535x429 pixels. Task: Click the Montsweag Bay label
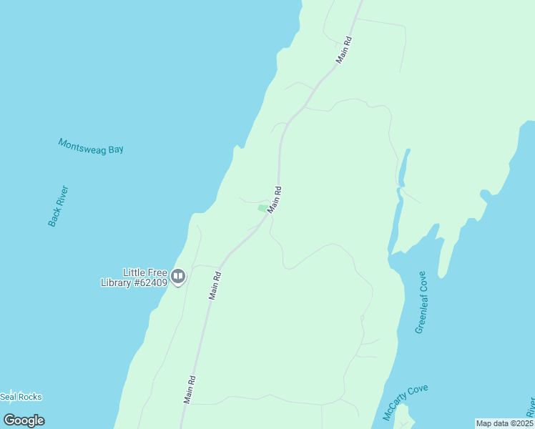(91, 146)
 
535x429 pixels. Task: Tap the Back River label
(58, 206)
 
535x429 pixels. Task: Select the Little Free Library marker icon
(178, 276)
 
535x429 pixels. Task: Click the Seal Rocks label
(21, 397)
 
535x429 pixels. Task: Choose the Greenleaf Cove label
(421, 302)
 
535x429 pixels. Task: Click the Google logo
(24, 420)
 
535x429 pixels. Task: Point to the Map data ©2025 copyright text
(504, 423)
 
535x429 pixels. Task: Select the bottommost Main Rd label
(190, 390)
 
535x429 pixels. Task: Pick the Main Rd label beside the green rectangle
(275, 199)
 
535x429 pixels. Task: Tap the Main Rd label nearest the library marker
(215, 286)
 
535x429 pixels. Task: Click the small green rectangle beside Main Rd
(262, 208)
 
